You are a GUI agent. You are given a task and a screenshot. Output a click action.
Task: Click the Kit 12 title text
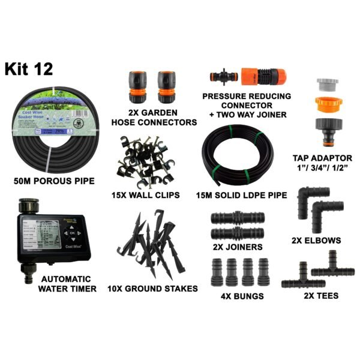pyautogui.click(x=29, y=68)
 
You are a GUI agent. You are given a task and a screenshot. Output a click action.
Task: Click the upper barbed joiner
pyautogui.click(x=233, y=217)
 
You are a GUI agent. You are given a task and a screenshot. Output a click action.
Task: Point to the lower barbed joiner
pyautogui.click(x=233, y=233)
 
